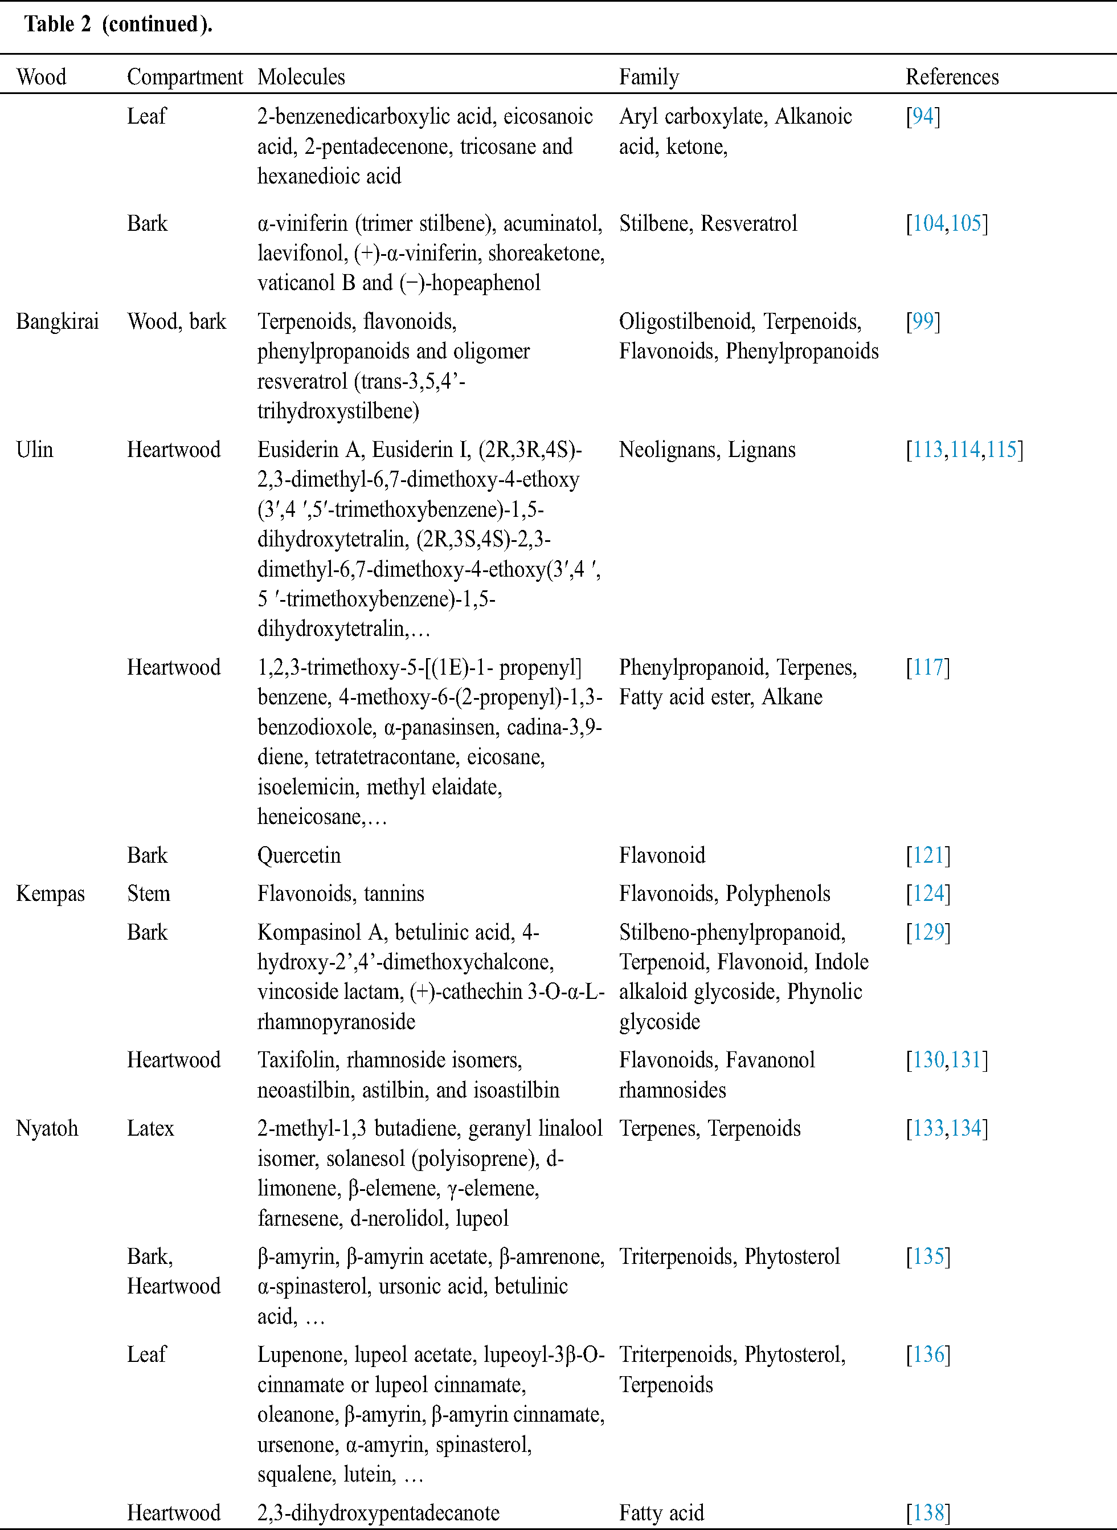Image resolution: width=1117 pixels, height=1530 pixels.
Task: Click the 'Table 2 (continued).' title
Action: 118,25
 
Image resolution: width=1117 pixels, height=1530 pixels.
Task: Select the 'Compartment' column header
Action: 185,77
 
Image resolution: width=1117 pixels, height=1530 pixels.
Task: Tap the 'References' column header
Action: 952,77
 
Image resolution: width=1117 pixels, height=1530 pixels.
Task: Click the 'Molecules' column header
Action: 301,77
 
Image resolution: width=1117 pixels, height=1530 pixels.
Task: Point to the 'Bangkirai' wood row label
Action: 58,321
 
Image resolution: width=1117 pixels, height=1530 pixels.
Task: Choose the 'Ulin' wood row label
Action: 35,450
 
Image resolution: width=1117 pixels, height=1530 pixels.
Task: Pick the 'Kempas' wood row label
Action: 51,893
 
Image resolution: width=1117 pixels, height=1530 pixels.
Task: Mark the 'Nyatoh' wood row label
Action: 47,1128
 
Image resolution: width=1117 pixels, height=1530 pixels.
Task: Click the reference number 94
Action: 923,116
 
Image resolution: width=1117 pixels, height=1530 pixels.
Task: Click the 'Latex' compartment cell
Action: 150,1128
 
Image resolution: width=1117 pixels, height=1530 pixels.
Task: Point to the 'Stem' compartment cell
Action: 148,893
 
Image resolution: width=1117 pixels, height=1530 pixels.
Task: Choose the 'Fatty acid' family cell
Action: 661,1512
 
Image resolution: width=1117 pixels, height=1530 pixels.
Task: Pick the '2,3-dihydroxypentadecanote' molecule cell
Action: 378,1512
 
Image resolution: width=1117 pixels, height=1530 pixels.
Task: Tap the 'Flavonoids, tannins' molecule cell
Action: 341,893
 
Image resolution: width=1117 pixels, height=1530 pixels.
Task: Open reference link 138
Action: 928,1512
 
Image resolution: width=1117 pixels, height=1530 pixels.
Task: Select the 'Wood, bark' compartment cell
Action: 177,321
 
